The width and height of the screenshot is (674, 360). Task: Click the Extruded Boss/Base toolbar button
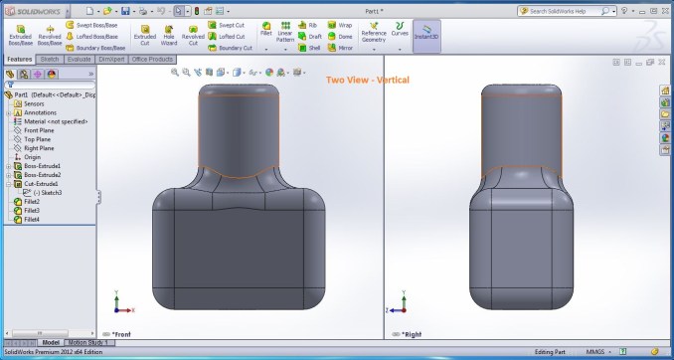21,35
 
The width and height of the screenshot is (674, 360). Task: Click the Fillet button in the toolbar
266,34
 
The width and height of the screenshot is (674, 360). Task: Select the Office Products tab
153,60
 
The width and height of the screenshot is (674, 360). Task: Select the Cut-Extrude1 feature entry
42,184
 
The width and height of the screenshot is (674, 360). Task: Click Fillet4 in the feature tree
32,219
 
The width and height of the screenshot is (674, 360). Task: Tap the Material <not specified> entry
56,121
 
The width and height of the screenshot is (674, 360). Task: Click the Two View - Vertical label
368,80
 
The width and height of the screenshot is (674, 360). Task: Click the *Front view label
122,334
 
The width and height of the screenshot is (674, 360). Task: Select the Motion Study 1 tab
89,342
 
